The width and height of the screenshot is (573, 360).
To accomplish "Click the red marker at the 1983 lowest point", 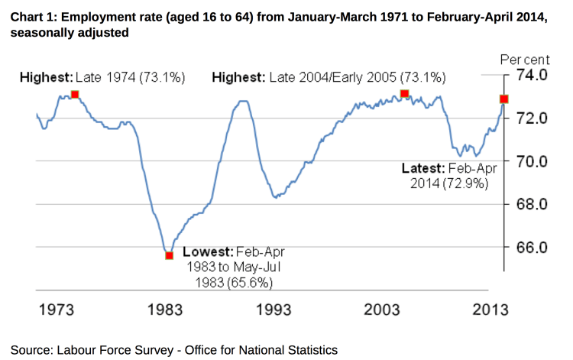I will click(169, 255).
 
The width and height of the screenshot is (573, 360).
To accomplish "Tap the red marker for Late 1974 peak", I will click(74, 95).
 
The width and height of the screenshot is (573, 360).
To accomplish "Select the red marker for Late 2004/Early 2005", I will click(405, 94).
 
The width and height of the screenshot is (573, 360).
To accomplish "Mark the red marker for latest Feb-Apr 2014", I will click(504, 99).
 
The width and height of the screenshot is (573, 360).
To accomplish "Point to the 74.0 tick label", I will click(533, 75).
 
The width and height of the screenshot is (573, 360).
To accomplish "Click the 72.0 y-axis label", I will click(533, 118).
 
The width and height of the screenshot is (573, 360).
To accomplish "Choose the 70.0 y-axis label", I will click(533, 161).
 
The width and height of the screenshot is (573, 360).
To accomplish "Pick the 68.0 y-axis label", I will click(533, 204).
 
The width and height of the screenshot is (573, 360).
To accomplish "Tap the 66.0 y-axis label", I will click(533, 248).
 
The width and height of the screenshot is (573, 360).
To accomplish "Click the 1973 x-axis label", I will click(56, 310).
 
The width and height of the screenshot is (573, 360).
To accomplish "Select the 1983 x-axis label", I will click(163, 310).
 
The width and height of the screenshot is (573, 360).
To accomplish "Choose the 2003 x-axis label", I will click(382, 310).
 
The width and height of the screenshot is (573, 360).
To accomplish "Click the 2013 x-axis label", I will click(490, 310).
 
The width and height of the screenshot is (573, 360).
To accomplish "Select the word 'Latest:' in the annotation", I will click(422, 168).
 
